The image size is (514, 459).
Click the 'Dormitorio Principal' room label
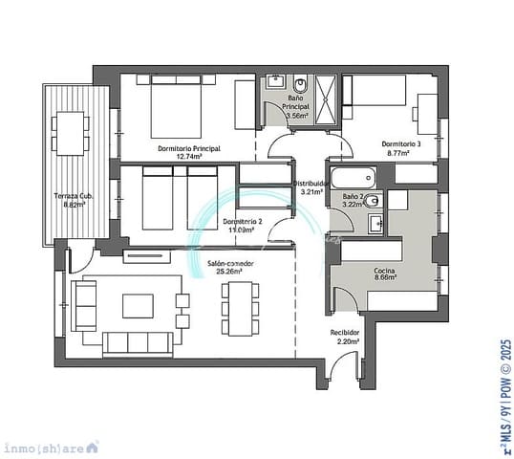pyautogui.click(x=189, y=148)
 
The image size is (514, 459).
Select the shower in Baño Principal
pyautogui.click(x=327, y=98)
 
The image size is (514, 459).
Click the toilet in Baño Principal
pyautogui.click(x=300, y=81)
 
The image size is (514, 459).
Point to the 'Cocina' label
pyautogui.click(x=386, y=271)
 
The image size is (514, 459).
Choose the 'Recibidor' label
pyautogui.click(x=345, y=333)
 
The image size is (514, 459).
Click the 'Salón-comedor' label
pyautogui.click(x=229, y=261)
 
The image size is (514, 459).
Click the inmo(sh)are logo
pyautogui.click(x=52, y=447)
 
